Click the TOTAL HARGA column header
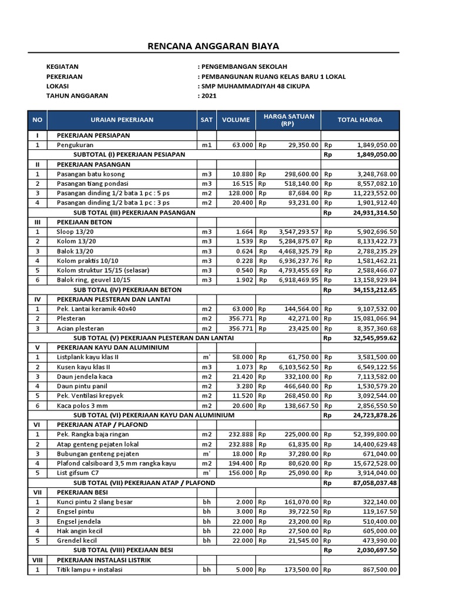coord(359,120)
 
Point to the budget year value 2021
coord(208,95)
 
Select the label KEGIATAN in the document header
coord(62,67)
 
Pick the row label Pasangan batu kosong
coord(90,174)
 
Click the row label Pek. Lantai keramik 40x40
coord(96,309)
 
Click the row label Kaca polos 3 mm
coord(83,406)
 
